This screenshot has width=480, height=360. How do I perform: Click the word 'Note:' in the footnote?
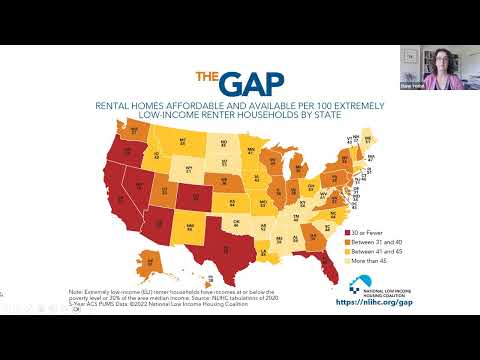click(76, 292)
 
